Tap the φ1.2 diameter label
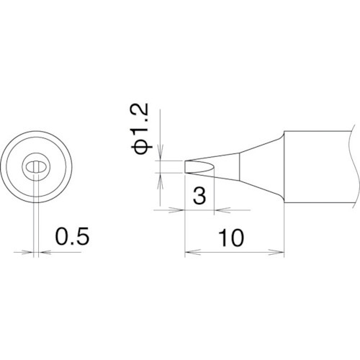141,128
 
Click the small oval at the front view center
35,167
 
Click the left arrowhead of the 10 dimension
189,252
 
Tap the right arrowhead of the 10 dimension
282,252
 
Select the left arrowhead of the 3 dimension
181,211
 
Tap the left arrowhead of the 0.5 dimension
28,252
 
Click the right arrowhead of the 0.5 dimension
42,252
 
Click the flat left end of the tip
186,167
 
